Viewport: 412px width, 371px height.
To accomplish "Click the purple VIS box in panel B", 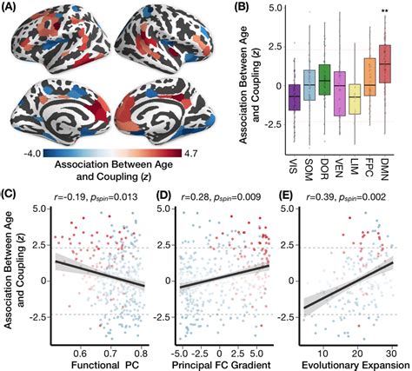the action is click(294, 97).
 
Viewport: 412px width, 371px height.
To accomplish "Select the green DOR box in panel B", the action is click(324, 80).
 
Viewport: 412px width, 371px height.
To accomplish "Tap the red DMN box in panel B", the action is click(384, 64).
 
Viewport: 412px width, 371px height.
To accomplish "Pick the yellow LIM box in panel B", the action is click(355, 99).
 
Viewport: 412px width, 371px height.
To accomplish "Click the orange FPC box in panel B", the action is click(369, 77).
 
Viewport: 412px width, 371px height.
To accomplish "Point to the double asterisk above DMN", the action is click(384, 11).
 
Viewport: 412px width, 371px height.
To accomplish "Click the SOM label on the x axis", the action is click(309, 169).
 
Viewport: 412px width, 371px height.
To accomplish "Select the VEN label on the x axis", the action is click(339, 168).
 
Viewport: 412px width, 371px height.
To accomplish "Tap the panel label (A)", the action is click(9, 7).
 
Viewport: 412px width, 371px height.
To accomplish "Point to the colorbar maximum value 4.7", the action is click(189, 153).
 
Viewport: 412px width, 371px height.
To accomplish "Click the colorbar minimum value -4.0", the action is click(32, 153).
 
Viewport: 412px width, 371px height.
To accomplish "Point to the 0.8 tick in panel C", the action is click(141, 354).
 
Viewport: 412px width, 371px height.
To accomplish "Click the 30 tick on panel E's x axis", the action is click(392, 354).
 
